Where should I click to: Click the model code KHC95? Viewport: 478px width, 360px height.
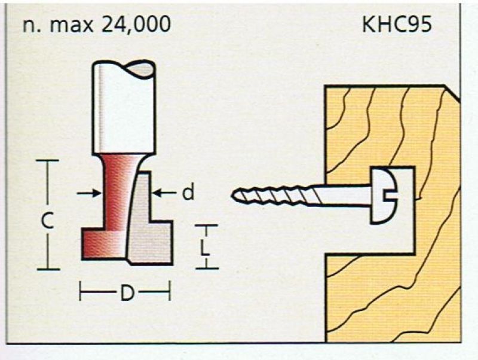click(x=397, y=24)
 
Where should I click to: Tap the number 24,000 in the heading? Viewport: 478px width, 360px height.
click(x=136, y=24)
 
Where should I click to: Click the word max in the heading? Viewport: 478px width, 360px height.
click(x=71, y=26)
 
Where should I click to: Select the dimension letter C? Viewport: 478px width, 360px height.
click(x=48, y=220)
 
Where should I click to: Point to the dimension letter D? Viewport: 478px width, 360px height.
click(x=127, y=292)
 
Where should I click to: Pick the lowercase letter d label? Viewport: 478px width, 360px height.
click(x=188, y=193)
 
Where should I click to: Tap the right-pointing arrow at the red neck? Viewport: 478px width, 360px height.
click(x=88, y=193)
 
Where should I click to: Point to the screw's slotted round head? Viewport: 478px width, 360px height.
click(x=384, y=196)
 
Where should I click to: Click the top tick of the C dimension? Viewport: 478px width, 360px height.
click(x=47, y=160)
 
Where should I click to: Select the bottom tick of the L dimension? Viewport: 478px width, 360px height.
click(x=207, y=269)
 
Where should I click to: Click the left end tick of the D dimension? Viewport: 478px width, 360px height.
click(x=80, y=291)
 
